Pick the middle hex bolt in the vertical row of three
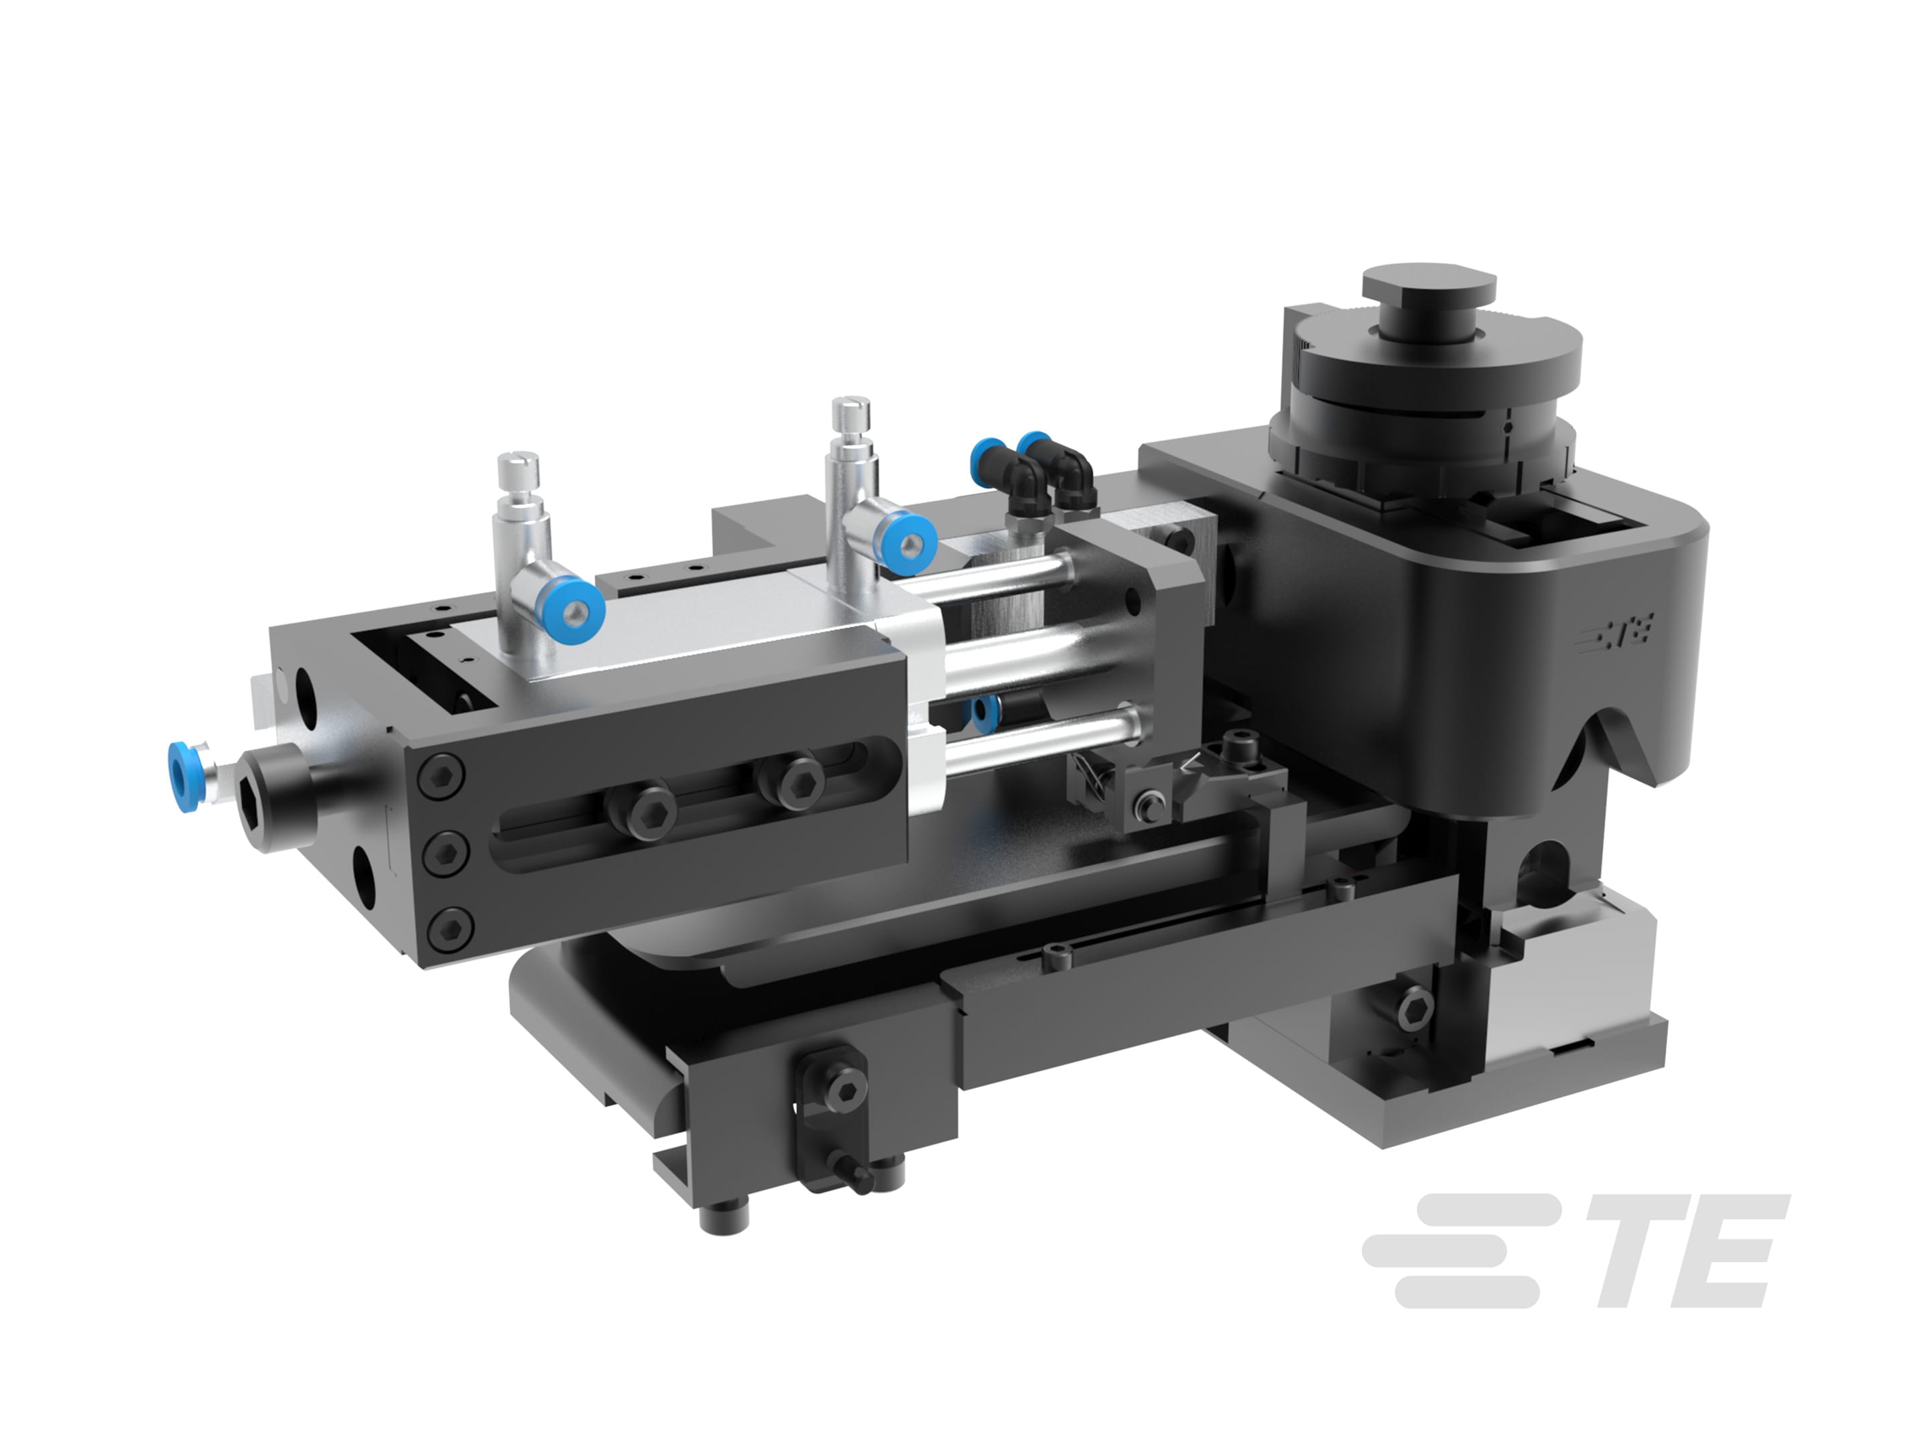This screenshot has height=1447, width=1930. (x=445, y=851)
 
